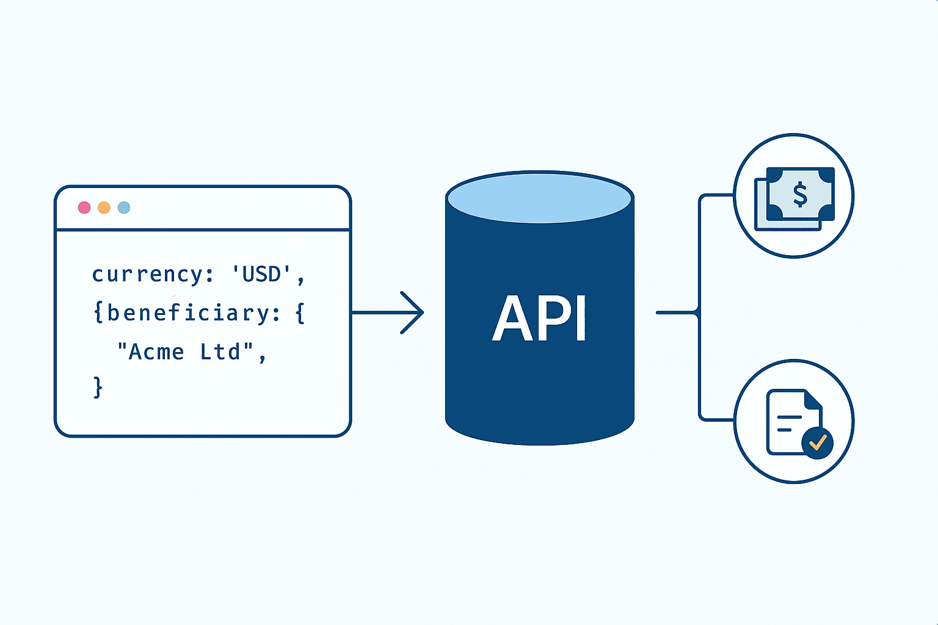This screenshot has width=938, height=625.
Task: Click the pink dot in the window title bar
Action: [x=84, y=208]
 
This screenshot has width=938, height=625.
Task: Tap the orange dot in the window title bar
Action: [x=104, y=208]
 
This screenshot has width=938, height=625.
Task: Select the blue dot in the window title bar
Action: [x=124, y=208]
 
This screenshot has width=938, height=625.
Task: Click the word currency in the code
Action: [x=147, y=275]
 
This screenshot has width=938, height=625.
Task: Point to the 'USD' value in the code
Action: [x=262, y=274]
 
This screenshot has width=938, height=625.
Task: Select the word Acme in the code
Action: [x=156, y=352]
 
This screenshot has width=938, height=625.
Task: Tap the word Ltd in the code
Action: [x=220, y=352]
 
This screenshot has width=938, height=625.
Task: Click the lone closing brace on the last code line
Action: [x=98, y=388]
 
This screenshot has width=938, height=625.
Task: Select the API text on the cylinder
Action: [x=539, y=319]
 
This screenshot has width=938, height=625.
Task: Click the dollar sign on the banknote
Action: [x=800, y=195]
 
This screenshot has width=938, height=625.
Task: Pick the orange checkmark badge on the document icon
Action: [x=817, y=442]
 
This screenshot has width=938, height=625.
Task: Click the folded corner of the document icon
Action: [x=813, y=400]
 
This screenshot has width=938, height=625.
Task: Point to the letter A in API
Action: [x=512, y=319]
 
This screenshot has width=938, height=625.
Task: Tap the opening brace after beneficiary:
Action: [x=300, y=314]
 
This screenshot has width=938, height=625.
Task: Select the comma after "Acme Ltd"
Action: [x=263, y=358]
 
